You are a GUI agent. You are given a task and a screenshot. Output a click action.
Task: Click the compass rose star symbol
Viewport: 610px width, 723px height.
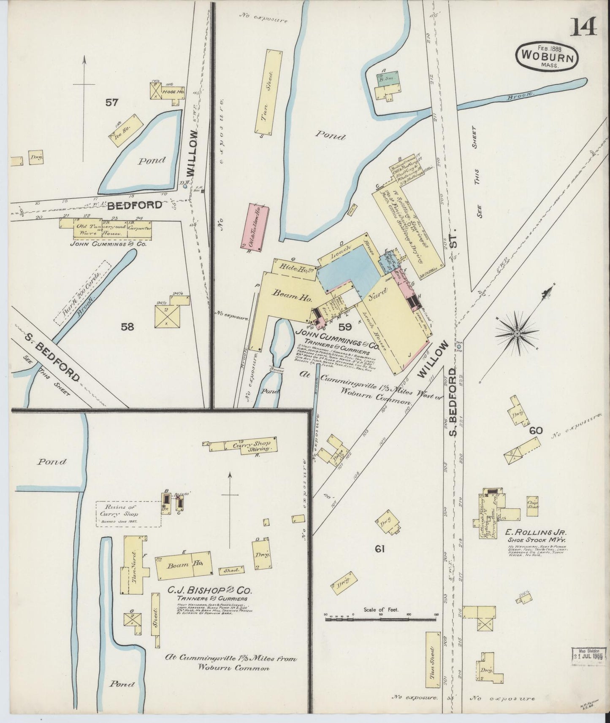click(516, 333)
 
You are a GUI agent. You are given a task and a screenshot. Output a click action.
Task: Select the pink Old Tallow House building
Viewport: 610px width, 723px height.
click(254, 226)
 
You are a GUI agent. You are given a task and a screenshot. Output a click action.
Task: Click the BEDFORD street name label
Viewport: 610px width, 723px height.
click(134, 205)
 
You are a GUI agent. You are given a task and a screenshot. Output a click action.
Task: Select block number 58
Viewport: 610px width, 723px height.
click(127, 326)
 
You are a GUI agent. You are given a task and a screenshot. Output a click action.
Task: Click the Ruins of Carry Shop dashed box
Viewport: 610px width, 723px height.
click(127, 513)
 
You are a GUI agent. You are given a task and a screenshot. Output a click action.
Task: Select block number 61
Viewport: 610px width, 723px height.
click(380, 549)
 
